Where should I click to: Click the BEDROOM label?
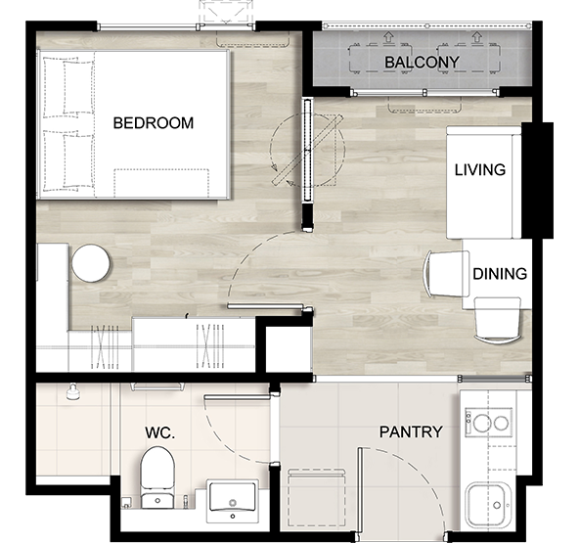(154, 123)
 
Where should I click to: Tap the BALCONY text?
(423, 63)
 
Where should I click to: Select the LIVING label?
(480, 170)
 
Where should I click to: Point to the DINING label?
(500, 274)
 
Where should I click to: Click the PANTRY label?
(411, 431)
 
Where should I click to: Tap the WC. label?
(160, 432)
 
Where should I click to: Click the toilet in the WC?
(157, 477)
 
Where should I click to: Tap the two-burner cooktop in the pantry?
(488, 423)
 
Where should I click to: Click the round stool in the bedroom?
(91, 263)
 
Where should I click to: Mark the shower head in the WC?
(73, 391)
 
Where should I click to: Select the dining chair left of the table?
(446, 274)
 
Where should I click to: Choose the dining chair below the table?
(498, 320)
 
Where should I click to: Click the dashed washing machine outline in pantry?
(317, 497)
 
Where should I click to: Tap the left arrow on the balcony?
(388, 37)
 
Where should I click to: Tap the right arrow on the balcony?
(477, 37)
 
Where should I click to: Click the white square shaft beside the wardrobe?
(289, 349)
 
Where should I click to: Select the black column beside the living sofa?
(537, 180)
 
